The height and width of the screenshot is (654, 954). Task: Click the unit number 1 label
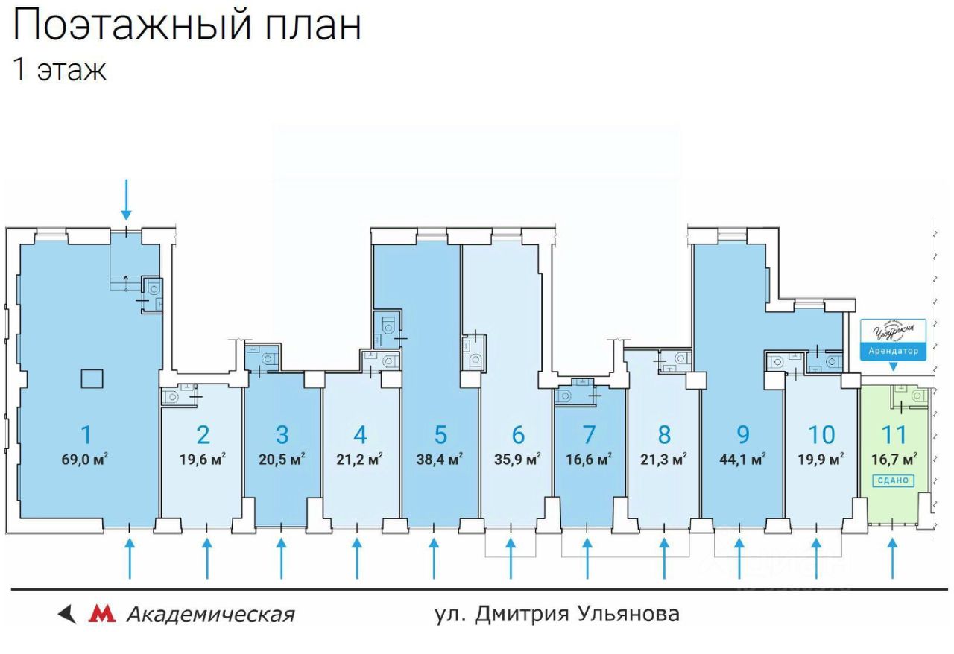pyautogui.click(x=86, y=434)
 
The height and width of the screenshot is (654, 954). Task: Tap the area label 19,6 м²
pyautogui.click(x=203, y=458)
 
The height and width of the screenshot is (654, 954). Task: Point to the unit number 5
pyautogui.click(x=440, y=434)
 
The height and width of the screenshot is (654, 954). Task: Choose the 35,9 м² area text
pyautogui.click(x=518, y=458)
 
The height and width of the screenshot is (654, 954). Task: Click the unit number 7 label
pyautogui.click(x=590, y=434)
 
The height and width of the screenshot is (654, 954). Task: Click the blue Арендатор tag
pyautogui.click(x=894, y=350)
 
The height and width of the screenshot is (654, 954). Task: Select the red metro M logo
pyautogui.click(x=102, y=614)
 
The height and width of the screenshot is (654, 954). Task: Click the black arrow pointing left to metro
pyautogui.click(x=68, y=614)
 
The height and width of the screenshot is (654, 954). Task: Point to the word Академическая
pyautogui.click(x=210, y=615)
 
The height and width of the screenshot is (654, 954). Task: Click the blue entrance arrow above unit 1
pyautogui.click(x=127, y=200)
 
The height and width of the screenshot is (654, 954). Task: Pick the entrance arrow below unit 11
pyautogui.click(x=893, y=559)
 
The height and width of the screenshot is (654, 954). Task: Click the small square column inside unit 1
pyautogui.click(x=93, y=378)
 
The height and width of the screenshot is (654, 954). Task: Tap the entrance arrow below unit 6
pyautogui.click(x=511, y=559)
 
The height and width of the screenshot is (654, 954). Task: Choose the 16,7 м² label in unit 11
pyautogui.click(x=894, y=458)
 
